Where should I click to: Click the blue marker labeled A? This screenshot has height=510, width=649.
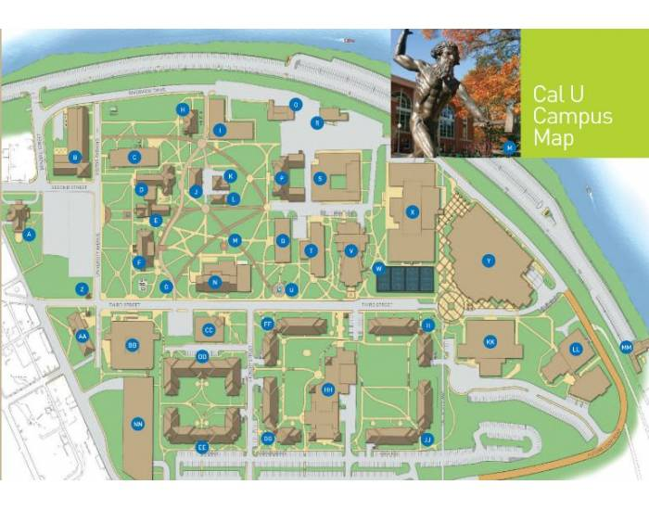point(30,235)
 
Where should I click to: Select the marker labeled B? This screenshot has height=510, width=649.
point(74,157)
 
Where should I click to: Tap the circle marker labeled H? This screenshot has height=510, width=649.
point(183,109)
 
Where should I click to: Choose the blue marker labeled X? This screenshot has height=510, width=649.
point(413,212)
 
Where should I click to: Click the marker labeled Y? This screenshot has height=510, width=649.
point(488,261)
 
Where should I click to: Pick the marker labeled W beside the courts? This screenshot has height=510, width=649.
point(378,269)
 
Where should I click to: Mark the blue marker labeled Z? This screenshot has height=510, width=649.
point(83,289)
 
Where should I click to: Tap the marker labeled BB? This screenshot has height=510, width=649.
point(132,346)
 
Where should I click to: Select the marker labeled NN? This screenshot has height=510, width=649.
point(138,425)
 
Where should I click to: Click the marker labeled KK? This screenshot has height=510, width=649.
point(490,342)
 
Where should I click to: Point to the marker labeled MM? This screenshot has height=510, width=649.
point(626,348)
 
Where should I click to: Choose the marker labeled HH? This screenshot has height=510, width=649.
point(328,390)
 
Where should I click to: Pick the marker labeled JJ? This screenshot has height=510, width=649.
point(427,439)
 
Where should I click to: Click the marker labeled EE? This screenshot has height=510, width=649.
point(201,447)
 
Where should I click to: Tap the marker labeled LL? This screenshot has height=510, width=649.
point(577,350)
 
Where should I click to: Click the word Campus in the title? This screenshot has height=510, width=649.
point(572,117)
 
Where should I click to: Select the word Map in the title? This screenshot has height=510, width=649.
point(554,138)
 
